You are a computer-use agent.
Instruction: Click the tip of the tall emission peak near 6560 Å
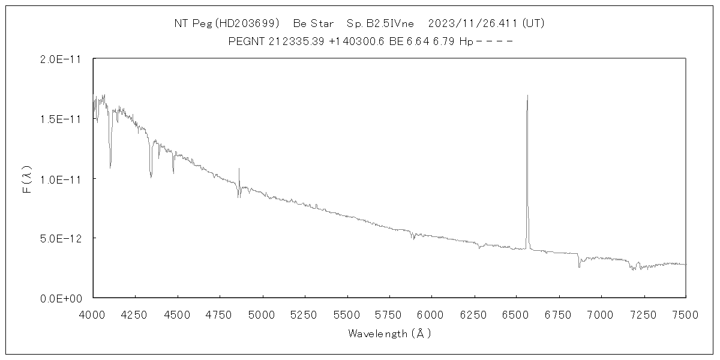click(x=527, y=95)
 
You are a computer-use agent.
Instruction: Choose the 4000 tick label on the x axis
click(x=93, y=314)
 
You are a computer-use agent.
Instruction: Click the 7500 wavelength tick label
click(x=686, y=314)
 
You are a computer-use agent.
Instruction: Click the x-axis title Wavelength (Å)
click(x=389, y=333)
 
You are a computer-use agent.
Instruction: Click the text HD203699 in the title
click(x=249, y=23)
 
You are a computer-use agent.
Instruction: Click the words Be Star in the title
click(x=313, y=23)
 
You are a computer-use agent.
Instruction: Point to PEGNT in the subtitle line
click(x=244, y=41)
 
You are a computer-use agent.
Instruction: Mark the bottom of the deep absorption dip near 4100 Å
click(x=110, y=167)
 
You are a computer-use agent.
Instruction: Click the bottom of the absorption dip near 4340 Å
click(x=151, y=178)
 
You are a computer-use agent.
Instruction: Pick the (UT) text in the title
click(x=533, y=23)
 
